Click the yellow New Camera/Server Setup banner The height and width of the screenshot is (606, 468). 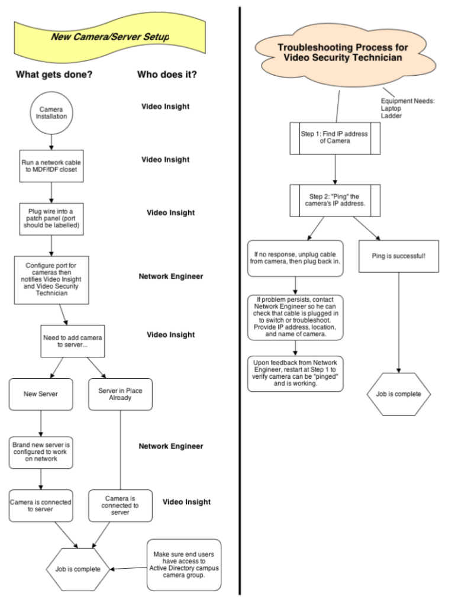[110, 37]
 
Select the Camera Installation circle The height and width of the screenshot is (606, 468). [51, 113]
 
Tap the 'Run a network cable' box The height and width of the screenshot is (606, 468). [51, 166]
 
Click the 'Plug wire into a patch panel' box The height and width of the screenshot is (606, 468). [51, 219]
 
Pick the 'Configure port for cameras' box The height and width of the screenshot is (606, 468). [51, 280]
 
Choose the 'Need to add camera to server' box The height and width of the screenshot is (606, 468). [73, 341]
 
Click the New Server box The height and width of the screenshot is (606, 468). [41, 394]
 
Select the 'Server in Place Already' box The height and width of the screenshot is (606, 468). [120, 394]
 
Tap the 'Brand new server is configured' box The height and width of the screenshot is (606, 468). [41, 453]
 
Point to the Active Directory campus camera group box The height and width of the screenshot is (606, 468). [184, 565]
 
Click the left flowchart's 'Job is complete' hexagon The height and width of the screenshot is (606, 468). [78, 569]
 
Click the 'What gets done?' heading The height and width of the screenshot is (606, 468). [54, 75]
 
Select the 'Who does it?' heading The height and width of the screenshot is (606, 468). [167, 75]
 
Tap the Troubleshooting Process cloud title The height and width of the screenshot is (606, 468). [343, 53]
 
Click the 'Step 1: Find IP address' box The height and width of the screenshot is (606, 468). [335, 138]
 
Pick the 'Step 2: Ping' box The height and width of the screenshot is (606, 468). [335, 200]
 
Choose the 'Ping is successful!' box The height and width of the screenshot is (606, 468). [399, 256]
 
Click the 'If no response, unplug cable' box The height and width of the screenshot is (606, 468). [295, 258]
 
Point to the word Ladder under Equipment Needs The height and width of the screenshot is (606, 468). [391, 116]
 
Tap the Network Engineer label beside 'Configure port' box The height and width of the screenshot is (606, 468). [171, 276]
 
